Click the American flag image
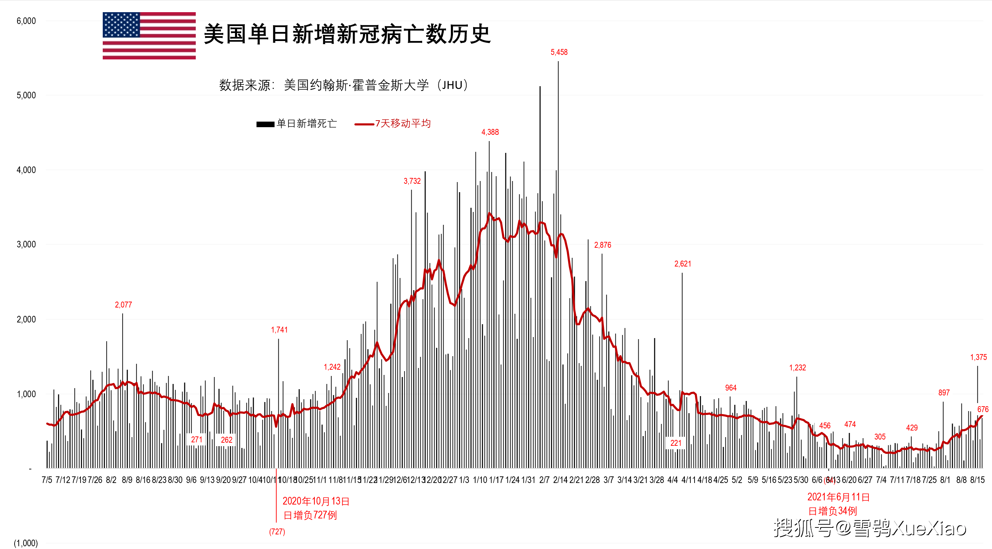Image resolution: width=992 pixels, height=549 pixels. tap(149, 36)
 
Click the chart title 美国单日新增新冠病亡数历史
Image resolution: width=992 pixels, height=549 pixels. tap(347, 34)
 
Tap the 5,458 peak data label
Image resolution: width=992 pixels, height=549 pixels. tap(559, 52)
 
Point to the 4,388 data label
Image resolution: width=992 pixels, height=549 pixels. tap(490, 132)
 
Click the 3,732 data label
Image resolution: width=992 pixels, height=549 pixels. tap(412, 181)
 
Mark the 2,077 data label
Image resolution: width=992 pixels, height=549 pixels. tap(123, 305)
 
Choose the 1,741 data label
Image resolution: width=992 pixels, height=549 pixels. tap(279, 330)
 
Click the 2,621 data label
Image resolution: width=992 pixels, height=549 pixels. tap(682, 264)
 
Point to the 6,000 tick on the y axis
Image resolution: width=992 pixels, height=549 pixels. tap(26, 21)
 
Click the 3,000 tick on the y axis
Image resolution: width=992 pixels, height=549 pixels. tap(26, 244)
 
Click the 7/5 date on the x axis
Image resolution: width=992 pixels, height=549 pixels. tap(47, 480)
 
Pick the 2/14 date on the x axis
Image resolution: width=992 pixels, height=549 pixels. tap(560, 480)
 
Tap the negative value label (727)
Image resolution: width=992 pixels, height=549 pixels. tap(277, 532)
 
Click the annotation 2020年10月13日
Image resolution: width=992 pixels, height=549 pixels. tap(316, 501)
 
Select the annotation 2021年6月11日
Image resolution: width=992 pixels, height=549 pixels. tap(838, 497)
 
